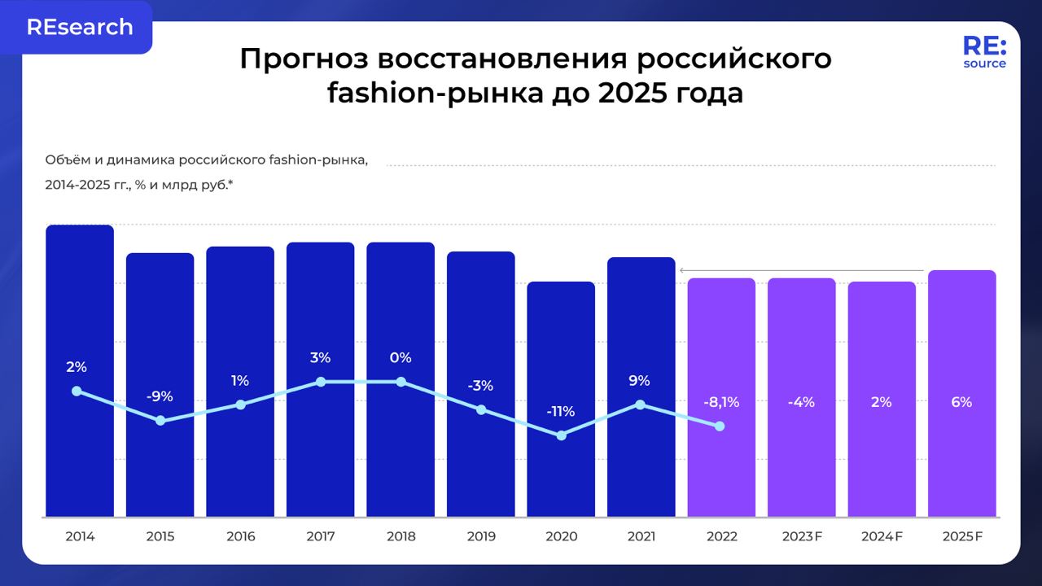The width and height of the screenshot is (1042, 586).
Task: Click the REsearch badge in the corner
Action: point(79,27)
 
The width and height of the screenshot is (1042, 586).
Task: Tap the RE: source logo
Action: point(984,52)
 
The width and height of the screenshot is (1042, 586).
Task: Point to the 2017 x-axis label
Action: point(320,536)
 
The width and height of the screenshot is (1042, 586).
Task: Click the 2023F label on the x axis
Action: point(802,536)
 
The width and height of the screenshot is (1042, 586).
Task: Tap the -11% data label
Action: point(561,412)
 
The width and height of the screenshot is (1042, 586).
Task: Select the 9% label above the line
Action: point(640,380)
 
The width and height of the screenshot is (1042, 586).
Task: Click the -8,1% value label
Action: point(721,402)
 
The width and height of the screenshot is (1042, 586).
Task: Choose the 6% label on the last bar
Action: point(961,402)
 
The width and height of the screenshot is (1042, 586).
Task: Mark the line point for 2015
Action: point(160,421)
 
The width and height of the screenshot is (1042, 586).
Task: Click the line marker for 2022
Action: point(720,426)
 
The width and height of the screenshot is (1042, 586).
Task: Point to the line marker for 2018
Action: point(401,381)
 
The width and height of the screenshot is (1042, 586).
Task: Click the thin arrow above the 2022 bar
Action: point(802,270)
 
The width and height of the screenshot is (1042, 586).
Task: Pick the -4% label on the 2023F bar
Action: point(801,402)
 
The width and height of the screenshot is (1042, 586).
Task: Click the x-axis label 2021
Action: point(641,536)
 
